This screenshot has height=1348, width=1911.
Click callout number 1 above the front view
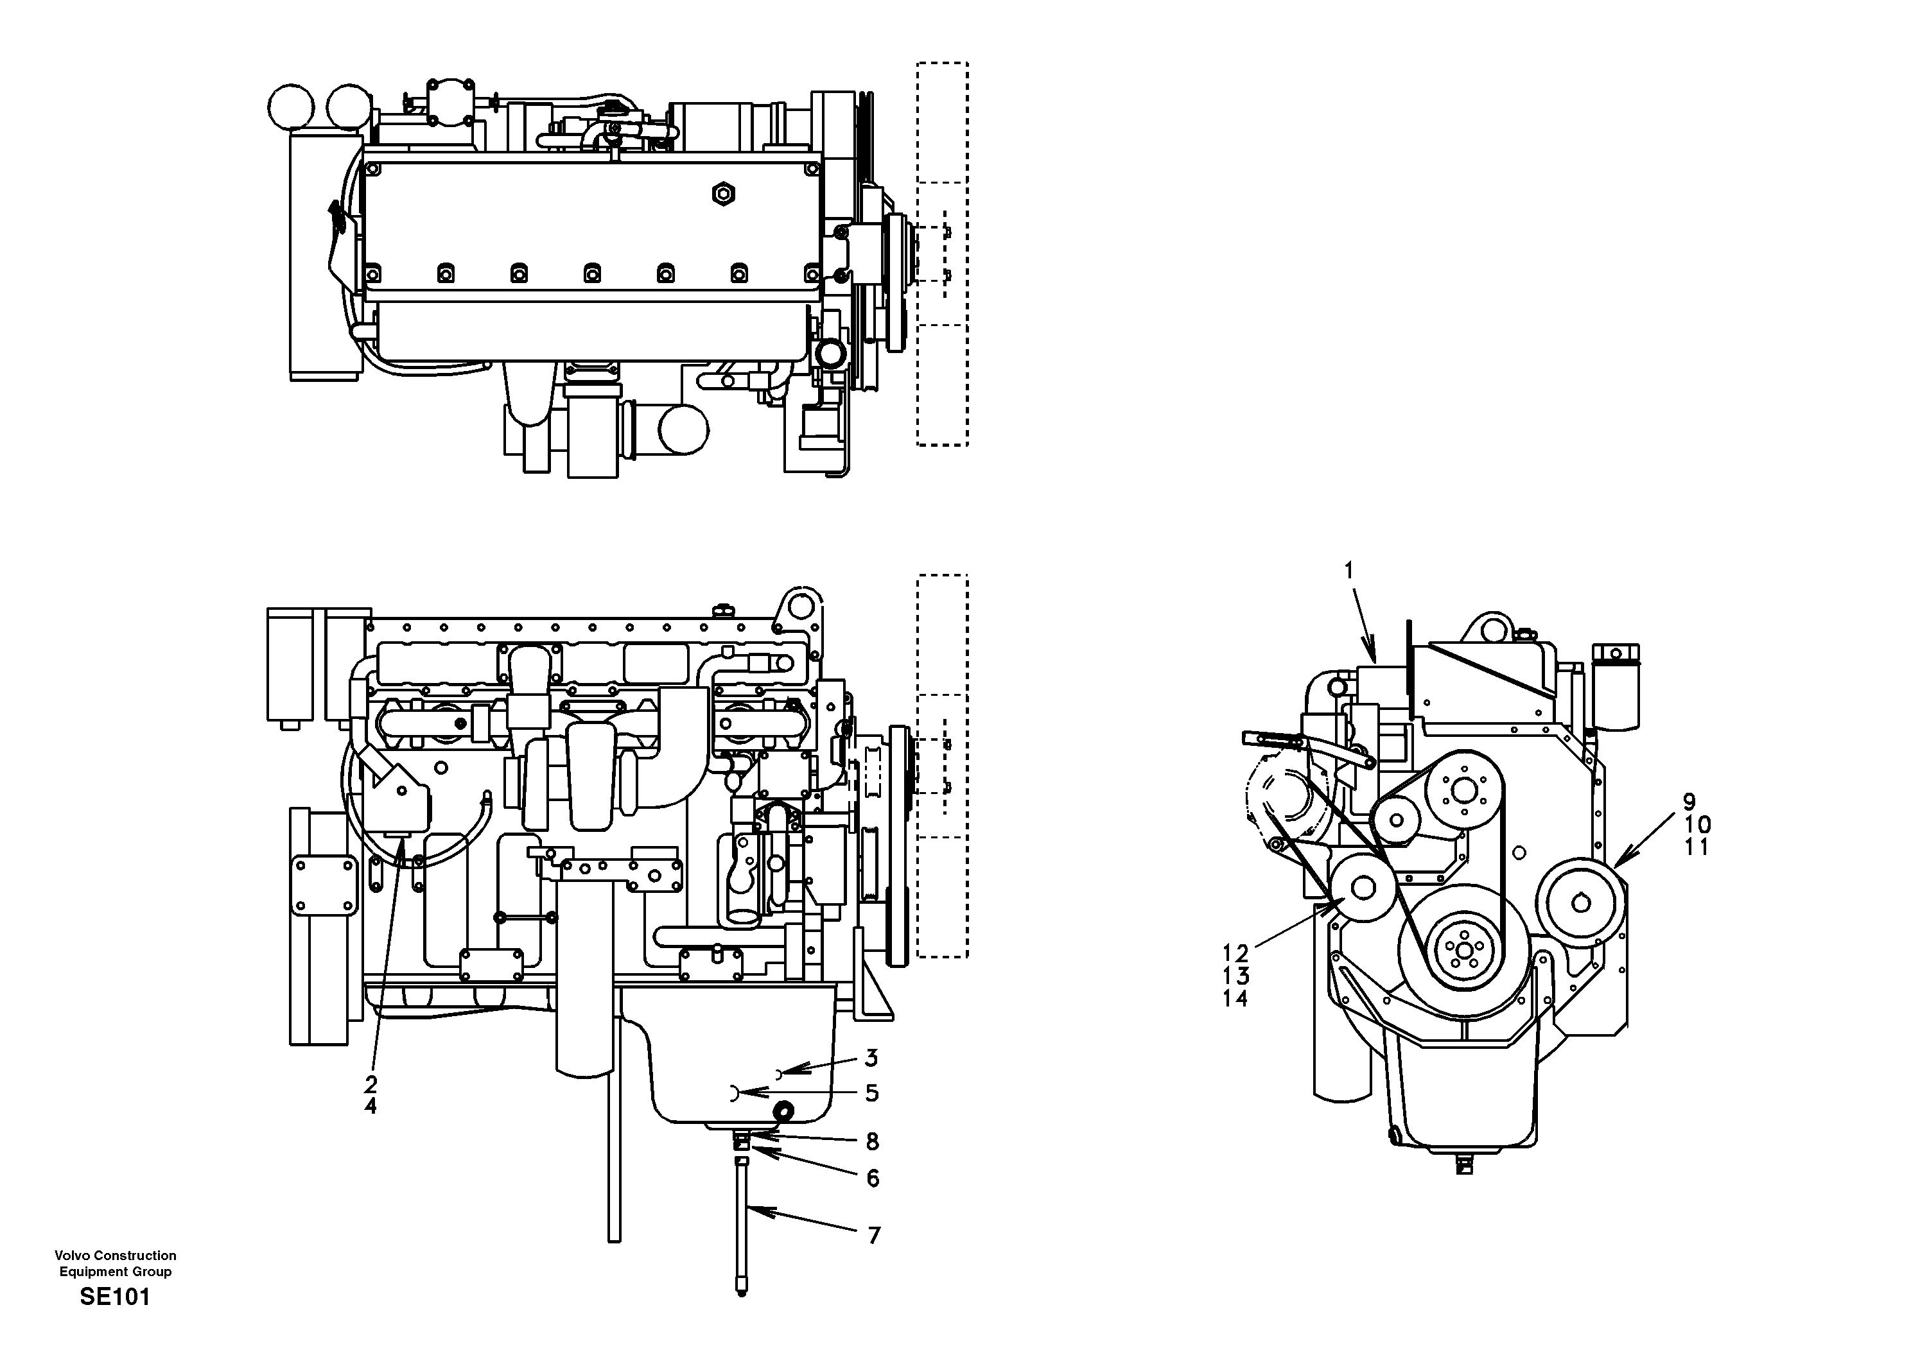click(x=1348, y=571)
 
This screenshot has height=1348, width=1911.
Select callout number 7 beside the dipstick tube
click(x=874, y=1236)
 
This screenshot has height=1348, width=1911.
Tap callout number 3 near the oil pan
click(x=871, y=1059)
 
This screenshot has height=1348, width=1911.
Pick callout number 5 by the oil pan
click(x=871, y=1093)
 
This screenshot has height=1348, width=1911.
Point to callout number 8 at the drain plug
click(x=871, y=1141)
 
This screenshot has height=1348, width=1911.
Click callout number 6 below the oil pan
click(x=872, y=1179)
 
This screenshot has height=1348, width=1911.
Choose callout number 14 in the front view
click(x=1235, y=999)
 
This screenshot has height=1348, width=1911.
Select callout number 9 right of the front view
click(x=1689, y=803)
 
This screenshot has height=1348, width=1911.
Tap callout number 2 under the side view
click(x=371, y=1084)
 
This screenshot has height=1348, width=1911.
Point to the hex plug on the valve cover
click(x=723, y=194)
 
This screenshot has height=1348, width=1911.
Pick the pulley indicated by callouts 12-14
click(x=1363, y=887)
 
